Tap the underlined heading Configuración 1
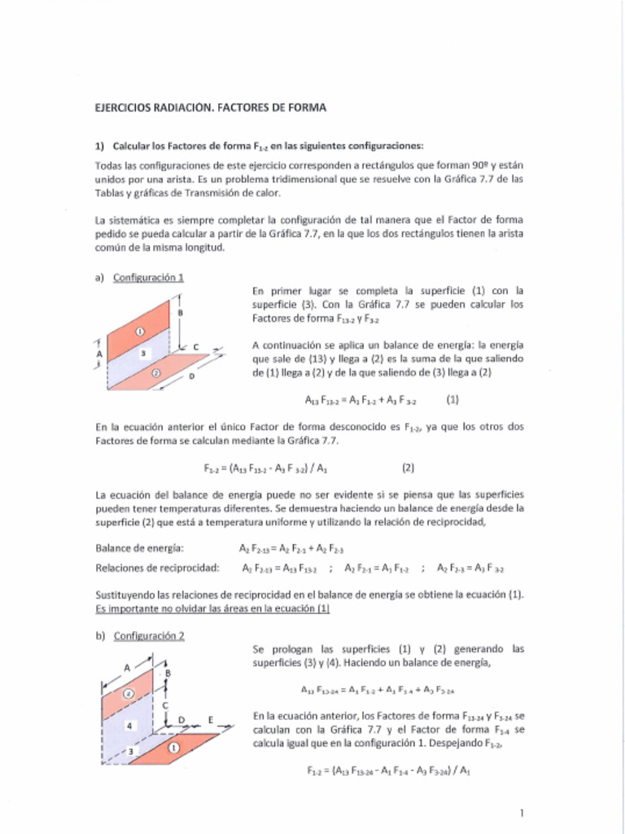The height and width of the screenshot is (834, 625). click(148, 277)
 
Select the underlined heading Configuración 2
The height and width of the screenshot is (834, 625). click(148, 636)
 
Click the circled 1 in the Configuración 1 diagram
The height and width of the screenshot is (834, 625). click(139, 331)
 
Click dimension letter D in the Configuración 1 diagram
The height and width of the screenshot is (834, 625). click(191, 376)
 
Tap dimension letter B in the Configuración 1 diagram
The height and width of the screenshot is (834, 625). click(180, 313)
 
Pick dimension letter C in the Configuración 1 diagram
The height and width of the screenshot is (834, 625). click(195, 346)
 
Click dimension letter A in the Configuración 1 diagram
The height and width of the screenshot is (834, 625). click(98, 355)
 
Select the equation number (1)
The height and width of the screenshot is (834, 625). click(453, 400)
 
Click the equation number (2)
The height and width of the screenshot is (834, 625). click(409, 468)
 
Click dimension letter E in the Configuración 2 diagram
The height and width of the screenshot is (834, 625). click(211, 720)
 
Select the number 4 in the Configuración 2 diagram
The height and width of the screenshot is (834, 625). click(128, 724)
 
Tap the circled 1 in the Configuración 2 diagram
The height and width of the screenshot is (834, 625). click(173, 746)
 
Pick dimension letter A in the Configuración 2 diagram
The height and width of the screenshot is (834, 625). click(127, 666)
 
